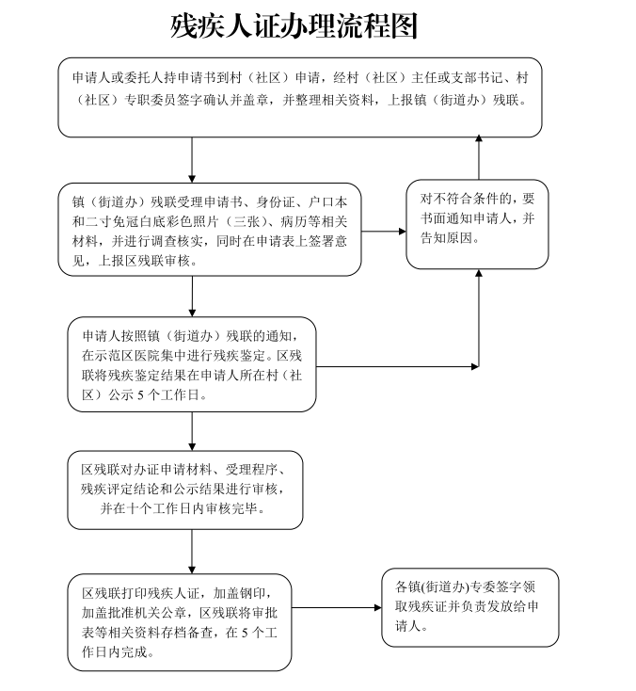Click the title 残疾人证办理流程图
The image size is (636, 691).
click(x=294, y=26)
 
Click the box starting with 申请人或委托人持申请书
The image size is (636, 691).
click(x=300, y=97)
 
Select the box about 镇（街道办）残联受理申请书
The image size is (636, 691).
click(x=210, y=230)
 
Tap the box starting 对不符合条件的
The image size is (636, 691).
click(x=477, y=224)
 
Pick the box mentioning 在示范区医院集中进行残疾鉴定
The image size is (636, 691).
click(x=192, y=364)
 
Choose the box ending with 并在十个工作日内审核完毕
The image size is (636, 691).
click(x=185, y=490)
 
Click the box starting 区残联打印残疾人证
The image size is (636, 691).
click(x=180, y=622)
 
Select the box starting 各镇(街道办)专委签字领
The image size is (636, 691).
click(x=470, y=608)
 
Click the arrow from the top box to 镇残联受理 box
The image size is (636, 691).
click(x=192, y=160)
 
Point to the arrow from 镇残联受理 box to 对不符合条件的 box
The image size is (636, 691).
click(x=384, y=232)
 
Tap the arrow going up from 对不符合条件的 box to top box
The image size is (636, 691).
click(x=479, y=157)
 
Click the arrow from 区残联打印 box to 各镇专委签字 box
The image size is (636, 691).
click(x=337, y=608)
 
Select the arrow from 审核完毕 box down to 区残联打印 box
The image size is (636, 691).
click(x=192, y=552)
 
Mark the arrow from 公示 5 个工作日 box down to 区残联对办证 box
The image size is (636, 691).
click(x=192, y=431)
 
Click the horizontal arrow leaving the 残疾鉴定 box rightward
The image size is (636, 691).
click(x=397, y=366)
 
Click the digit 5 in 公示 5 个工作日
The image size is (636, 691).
click(x=140, y=394)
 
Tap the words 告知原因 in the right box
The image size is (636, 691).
click(x=446, y=238)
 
